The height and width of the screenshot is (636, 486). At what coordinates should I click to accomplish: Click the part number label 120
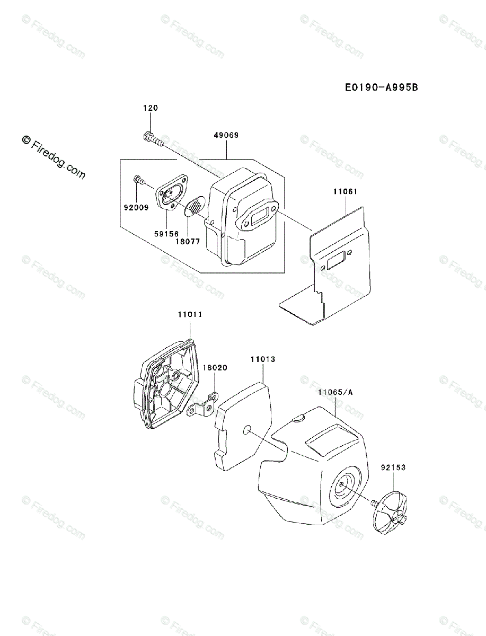pos(151,108)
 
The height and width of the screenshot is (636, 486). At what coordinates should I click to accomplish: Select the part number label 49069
pos(227,135)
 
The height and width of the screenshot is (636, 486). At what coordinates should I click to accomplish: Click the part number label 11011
pos(190,314)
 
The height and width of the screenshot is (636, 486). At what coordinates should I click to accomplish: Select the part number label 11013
pos(263,359)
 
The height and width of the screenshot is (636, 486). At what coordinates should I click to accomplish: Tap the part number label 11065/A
pos(336,392)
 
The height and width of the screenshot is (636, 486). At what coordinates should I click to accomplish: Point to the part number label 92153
pos(393,467)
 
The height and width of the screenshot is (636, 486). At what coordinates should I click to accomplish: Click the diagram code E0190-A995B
pos(382,87)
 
